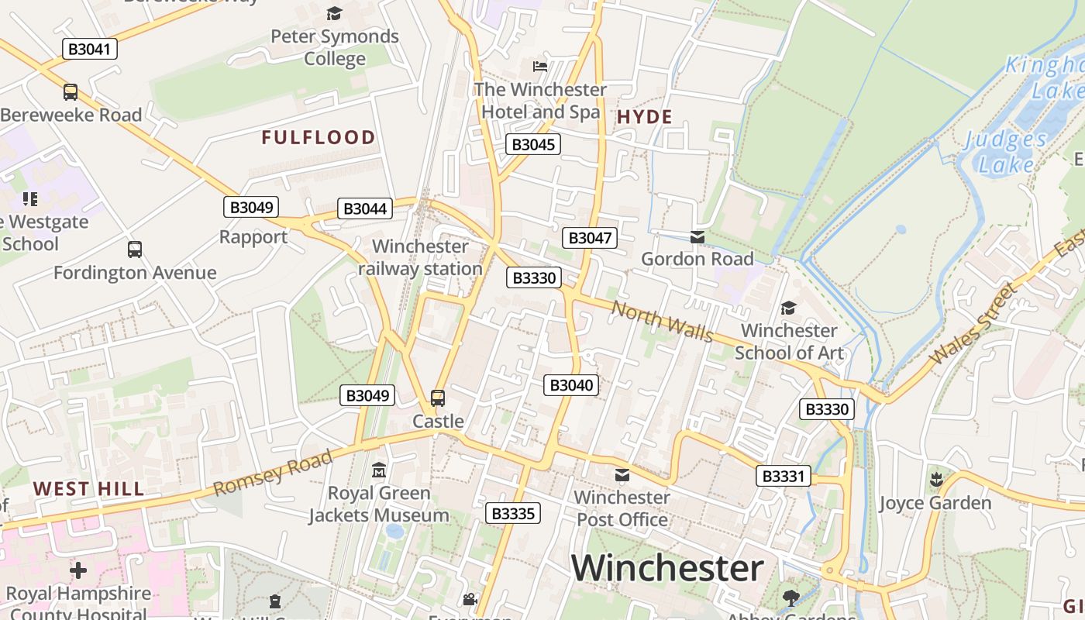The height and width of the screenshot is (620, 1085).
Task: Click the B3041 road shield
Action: click(89, 49)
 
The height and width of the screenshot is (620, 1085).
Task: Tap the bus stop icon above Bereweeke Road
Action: click(71, 92)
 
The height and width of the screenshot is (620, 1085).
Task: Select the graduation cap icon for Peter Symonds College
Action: click(334, 13)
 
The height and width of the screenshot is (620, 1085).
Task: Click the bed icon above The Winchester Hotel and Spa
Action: click(540, 66)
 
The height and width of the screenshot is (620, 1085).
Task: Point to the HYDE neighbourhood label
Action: click(644, 117)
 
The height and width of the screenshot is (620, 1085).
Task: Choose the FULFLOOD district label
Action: click(319, 138)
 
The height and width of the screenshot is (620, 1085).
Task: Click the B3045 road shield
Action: click(533, 144)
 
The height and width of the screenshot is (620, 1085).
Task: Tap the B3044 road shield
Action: click(365, 208)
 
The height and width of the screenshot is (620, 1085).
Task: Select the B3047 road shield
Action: click(590, 238)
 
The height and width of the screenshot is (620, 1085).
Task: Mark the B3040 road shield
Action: click(571, 385)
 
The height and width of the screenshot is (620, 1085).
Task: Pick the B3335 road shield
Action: click(513, 513)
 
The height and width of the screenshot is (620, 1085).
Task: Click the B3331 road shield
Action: click(784, 476)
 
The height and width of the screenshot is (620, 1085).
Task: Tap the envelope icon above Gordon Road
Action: click(697, 236)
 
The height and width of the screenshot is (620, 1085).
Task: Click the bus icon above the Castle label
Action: click(438, 398)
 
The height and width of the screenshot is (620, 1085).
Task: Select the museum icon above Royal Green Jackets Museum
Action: click(379, 470)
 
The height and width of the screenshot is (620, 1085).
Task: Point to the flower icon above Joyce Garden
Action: click(935, 480)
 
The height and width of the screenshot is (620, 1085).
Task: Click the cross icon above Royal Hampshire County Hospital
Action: click(78, 571)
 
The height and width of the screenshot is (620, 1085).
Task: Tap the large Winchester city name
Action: click(668, 568)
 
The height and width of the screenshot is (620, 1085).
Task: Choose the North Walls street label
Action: click(663, 321)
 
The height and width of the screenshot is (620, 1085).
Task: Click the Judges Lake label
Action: click(1006, 152)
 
